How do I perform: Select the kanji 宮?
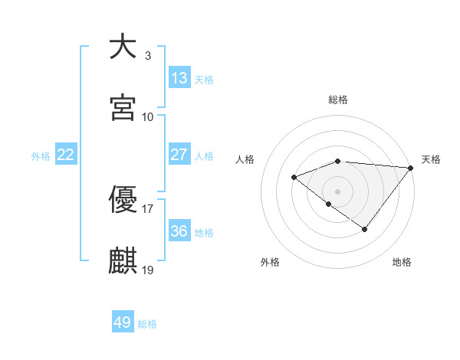123,108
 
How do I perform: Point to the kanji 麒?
123,260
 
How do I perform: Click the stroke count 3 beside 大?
147,55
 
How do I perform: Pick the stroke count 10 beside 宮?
148,116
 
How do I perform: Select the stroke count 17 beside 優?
148,208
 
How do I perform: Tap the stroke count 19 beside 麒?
148,270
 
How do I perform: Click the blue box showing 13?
179,77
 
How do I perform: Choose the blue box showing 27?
179,154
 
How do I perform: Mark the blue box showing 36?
179,231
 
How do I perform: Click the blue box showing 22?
65,154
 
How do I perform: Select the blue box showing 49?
123,322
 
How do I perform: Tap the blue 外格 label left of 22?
41,156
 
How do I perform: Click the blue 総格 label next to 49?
147,324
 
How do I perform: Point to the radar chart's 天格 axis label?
431,159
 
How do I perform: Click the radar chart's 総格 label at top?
338,100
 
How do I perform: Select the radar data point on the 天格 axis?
411,167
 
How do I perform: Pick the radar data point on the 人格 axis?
294,178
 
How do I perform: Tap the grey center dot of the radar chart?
337,191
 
